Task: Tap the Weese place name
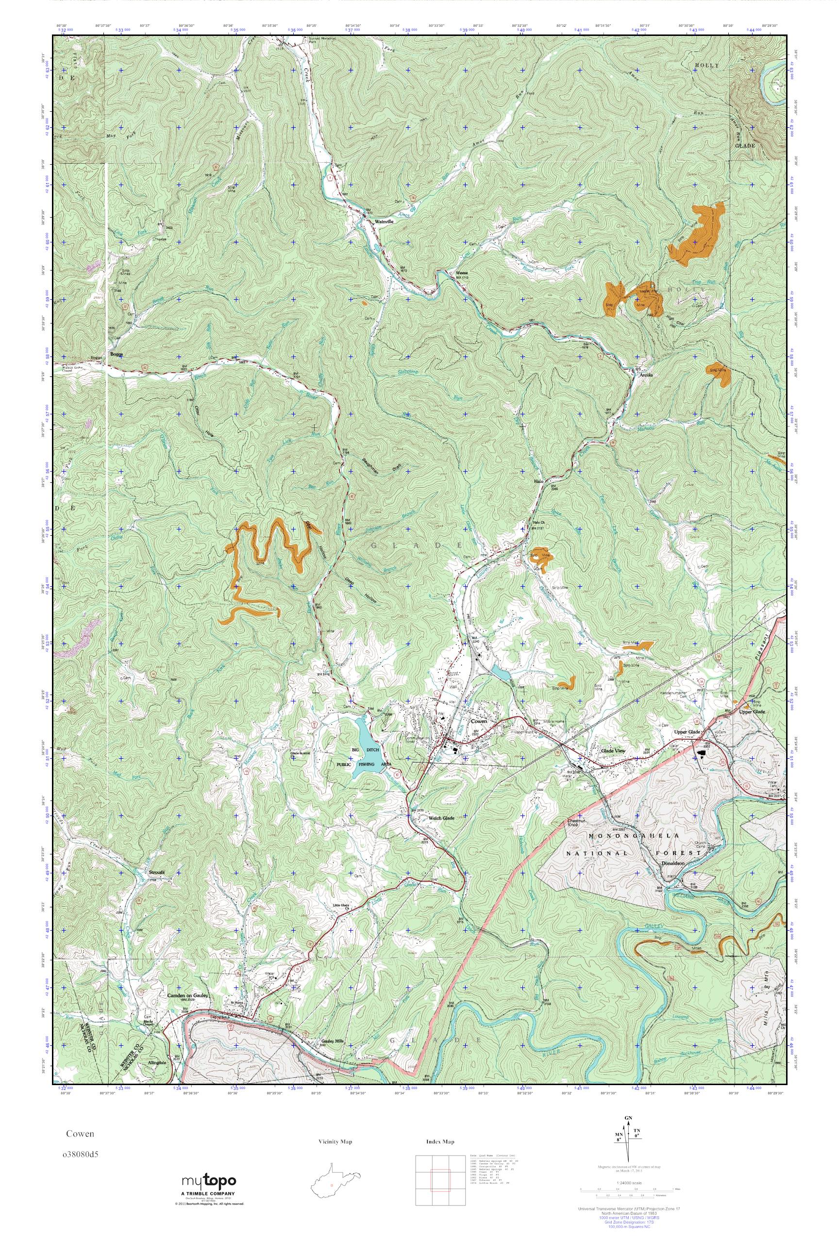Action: pos(461,272)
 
